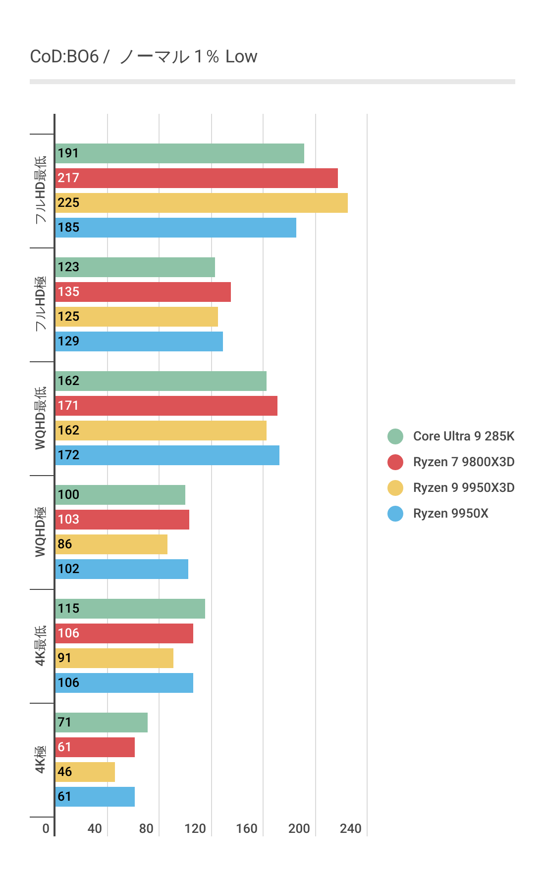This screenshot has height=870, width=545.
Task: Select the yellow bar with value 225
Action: point(201,203)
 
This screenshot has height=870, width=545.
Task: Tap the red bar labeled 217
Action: point(196,178)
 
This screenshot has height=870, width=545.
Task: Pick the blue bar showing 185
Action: point(175,228)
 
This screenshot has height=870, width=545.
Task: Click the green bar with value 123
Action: point(135,267)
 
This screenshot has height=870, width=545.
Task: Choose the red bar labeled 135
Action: point(143,292)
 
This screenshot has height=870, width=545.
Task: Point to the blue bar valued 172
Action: point(167,455)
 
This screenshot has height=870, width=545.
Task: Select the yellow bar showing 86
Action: point(111,544)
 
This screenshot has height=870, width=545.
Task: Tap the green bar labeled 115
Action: point(130,609)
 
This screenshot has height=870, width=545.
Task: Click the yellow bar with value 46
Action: point(85,772)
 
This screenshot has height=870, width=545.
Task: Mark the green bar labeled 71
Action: point(101,723)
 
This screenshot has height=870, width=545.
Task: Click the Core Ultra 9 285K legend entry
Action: point(463,436)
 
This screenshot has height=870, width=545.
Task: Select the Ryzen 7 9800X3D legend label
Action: point(463,462)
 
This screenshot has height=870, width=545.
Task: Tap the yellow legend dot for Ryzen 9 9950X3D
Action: point(395,487)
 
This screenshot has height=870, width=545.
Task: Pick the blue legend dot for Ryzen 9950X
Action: point(395,513)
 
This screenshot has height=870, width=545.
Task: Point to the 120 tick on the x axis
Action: point(195,828)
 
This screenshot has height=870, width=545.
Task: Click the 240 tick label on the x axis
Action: point(350,828)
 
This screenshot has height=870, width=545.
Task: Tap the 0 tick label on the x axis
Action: point(46,828)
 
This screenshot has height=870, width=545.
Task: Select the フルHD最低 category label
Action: point(41,190)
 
